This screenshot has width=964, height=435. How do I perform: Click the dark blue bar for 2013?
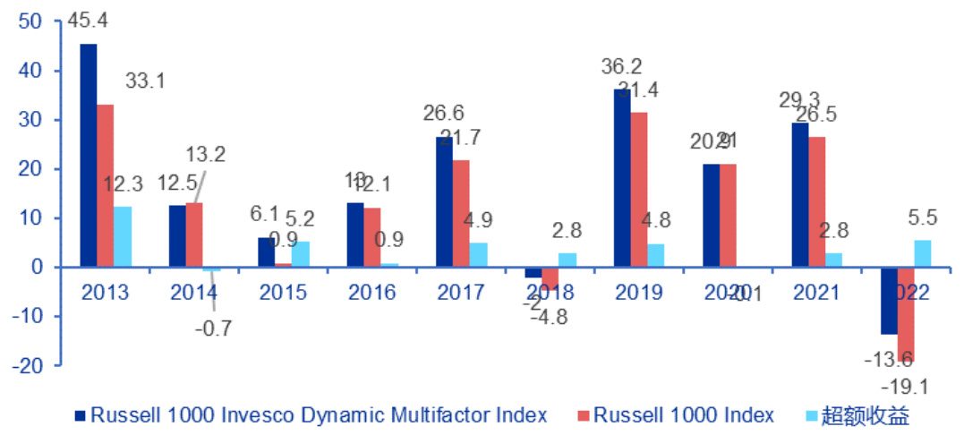[x=89, y=156]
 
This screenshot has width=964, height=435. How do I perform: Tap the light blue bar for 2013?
[x=123, y=237]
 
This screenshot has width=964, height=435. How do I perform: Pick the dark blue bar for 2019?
[x=622, y=178]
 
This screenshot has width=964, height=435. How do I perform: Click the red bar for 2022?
[x=906, y=314]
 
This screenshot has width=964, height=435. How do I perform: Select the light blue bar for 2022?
[x=923, y=253]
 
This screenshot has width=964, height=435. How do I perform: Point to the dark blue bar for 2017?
[x=444, y=202]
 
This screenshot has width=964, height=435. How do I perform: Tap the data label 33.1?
[x=145, y=81]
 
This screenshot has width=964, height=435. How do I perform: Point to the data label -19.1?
[x=903, y=388]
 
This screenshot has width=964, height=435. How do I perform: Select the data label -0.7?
[x=213, y=328]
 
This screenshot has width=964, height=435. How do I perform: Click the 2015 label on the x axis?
[x=284, y=293]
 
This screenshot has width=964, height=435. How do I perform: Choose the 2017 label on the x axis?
[x=461, y=293]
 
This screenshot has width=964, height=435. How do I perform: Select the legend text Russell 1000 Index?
[x=684, y=415]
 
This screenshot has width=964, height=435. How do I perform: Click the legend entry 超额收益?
[x=866, y=415]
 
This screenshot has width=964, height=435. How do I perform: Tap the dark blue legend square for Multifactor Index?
[x=80, y=415]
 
